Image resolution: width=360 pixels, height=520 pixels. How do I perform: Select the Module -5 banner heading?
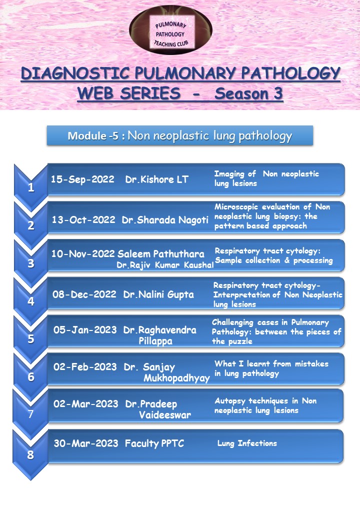[x=180, y=136]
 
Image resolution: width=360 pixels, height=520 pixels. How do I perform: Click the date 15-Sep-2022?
[x=82, y=179]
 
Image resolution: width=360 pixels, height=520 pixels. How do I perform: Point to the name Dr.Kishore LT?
[x=157, y=179]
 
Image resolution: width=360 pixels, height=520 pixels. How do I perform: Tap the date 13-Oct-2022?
[x=83, y=219]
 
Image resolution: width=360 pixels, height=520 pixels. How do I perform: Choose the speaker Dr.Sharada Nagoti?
[x=165, y=219]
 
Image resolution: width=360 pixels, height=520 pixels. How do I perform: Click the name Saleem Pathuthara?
[x=161, y=253]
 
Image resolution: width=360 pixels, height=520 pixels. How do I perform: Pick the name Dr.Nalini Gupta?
[x=158, y=294]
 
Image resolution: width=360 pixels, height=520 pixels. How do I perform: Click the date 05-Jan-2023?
[x=84, y=329]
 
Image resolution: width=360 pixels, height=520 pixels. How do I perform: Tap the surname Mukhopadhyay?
[x=176, y=378]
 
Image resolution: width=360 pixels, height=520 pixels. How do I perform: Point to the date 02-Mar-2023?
[x=85, y=403]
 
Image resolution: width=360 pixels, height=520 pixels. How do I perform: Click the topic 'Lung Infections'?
[x=247, y=443]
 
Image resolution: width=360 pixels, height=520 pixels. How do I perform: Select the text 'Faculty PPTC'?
[x=154, y=443]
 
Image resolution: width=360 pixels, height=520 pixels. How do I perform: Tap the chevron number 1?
[x=31, y=188]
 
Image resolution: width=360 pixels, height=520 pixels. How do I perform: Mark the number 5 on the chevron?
[x=31, y=338]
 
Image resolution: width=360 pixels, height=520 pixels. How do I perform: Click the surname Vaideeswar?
[x=165, y=415]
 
